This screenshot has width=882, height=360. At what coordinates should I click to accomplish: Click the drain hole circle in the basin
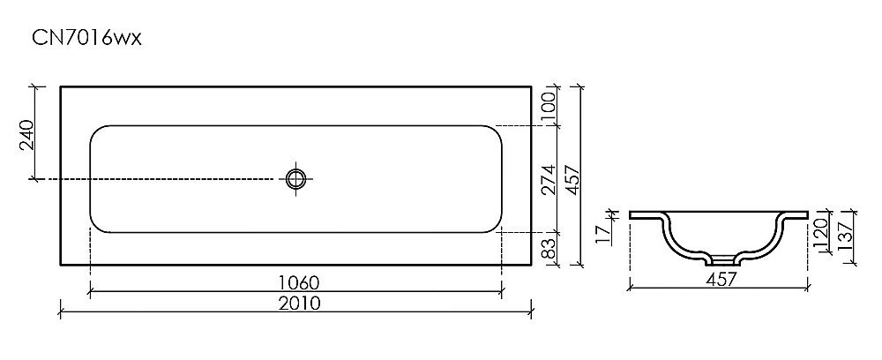tap(296, 178)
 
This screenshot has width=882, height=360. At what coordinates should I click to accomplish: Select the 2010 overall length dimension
tap(295, 303)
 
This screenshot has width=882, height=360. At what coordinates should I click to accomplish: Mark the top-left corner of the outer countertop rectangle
tap(60, 86)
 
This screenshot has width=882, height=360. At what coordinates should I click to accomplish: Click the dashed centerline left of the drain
tap(159, 179)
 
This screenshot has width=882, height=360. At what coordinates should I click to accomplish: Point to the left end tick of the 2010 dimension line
tap(60, 310)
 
